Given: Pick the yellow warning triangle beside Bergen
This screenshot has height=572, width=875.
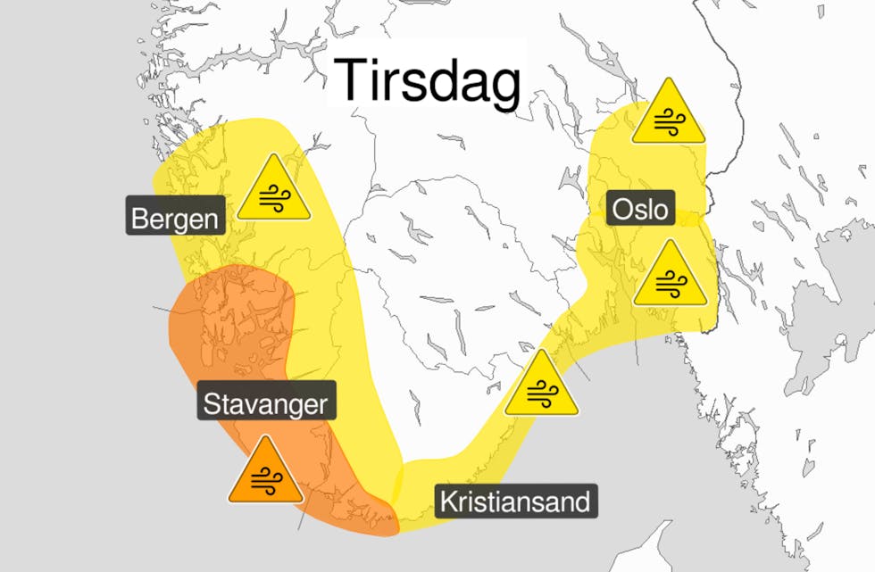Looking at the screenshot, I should (x=274, y=190).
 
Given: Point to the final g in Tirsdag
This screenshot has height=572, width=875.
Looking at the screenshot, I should (x=505, y=87).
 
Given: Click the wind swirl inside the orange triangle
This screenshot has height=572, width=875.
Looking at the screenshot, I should (x=264, y=481).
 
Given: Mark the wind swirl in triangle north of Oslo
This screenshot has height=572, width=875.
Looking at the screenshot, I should (x=668, y=123).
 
